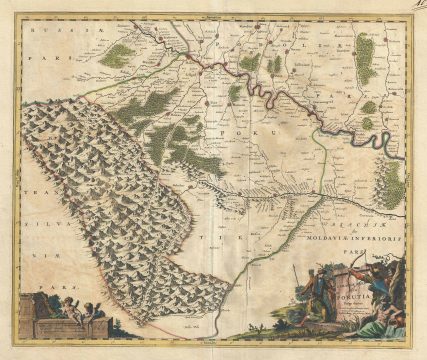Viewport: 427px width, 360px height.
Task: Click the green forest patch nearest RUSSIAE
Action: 116,55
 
